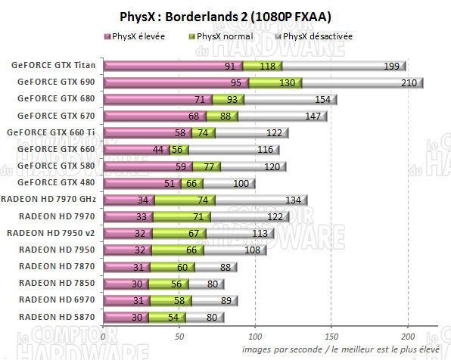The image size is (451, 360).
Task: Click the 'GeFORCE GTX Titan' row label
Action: pyautogui.click(x=53, y=65)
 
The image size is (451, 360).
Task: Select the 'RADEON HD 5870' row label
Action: pyautogui.click(x=58, y=316)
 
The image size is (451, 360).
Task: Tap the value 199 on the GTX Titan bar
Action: pyautogui.click(x=392, y=66)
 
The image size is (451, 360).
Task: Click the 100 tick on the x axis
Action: pyautogui.click(x=255, y=336)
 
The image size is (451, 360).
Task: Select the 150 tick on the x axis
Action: pyautogui.click(x=331, y=336)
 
